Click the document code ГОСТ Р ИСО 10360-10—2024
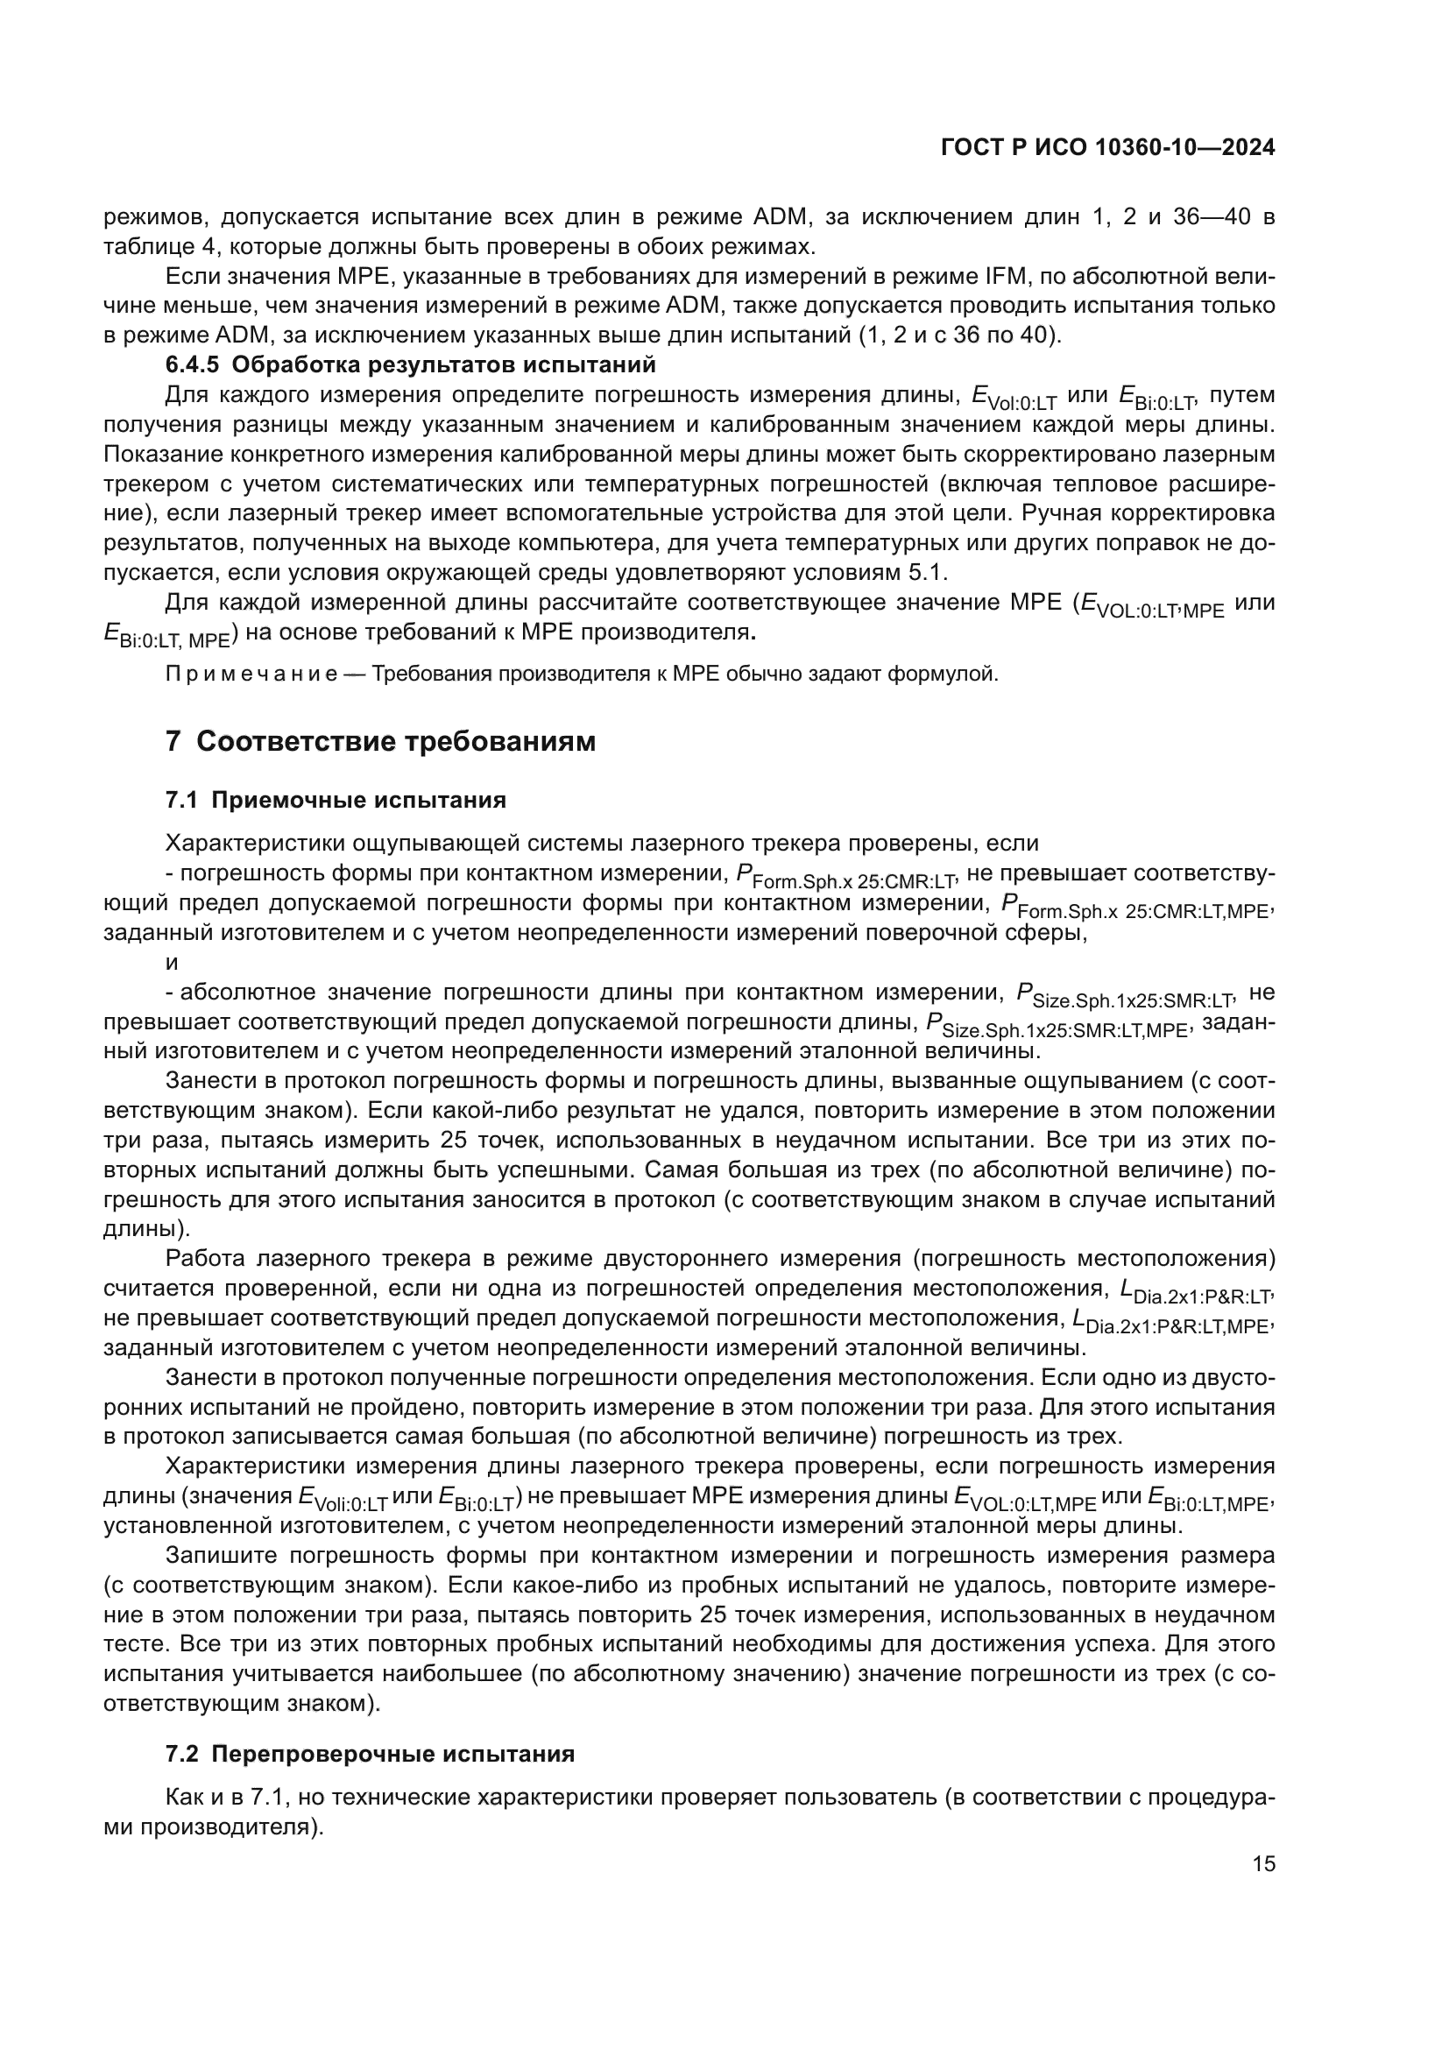[1107, 148]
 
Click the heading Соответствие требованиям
[395, 742]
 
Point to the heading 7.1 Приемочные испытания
[336, 801]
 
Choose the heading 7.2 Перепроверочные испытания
[370, 1754]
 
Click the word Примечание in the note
[251, 674]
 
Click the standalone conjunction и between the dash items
[173, 962]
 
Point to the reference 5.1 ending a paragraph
[925, 572]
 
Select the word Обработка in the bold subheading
[296, 365]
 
